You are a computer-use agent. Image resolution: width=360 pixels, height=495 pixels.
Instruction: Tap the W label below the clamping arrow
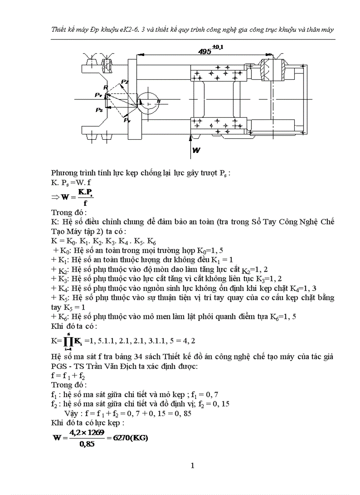pos(196,150)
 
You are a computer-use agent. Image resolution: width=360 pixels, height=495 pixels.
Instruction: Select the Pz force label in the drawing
pos(125,82)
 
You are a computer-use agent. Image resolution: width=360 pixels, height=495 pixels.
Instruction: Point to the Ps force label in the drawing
pos(99,110)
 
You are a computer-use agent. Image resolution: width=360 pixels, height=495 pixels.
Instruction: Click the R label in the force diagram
pos(105,88)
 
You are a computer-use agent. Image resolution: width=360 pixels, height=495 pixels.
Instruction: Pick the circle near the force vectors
pos(149,102)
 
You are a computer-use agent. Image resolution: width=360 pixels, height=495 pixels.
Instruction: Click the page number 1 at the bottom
pos(192,465)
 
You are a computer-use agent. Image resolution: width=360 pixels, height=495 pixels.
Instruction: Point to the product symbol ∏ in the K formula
pos(68,340)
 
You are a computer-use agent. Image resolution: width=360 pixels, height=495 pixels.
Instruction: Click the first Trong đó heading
pos(66,212)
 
